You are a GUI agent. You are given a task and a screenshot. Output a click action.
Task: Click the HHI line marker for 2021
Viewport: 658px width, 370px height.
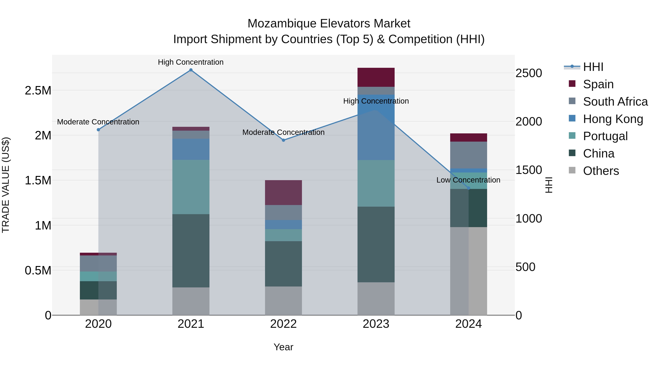pos(191,70)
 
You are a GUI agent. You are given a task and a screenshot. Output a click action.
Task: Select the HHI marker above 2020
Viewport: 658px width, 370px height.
pos(98,130)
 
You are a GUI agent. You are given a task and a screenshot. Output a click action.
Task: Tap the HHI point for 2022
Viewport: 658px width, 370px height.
pos(283,140)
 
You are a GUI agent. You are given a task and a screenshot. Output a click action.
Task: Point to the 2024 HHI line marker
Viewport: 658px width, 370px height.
pos(468,188)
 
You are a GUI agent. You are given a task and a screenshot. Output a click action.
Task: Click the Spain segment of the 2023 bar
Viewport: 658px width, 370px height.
pos(376,77)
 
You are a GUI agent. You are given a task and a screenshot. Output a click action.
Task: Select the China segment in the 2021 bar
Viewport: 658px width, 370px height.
pos(191,251)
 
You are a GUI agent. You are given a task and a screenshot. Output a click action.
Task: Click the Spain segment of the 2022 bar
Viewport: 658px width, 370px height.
pos(283,193)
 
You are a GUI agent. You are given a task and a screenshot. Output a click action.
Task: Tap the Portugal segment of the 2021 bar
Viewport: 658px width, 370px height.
pos(191,187)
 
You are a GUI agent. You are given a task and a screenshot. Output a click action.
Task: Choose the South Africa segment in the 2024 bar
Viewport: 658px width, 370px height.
pos(468,155)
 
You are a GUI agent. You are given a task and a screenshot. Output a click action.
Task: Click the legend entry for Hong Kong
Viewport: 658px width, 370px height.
pos(613,119)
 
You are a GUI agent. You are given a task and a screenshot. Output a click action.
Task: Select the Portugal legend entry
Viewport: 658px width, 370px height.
pos(605,136)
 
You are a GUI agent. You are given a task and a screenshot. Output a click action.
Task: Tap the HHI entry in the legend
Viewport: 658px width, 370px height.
pos(593,67)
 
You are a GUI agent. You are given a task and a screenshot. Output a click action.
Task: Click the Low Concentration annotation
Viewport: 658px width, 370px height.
pos(468,180)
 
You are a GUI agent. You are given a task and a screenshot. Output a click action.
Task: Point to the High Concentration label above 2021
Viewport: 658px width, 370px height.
pos(191,62)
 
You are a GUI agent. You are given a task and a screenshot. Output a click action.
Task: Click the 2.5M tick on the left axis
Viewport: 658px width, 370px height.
pos(38,91)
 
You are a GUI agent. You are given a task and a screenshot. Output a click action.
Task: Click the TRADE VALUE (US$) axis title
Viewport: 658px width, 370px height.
pos(6,185)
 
